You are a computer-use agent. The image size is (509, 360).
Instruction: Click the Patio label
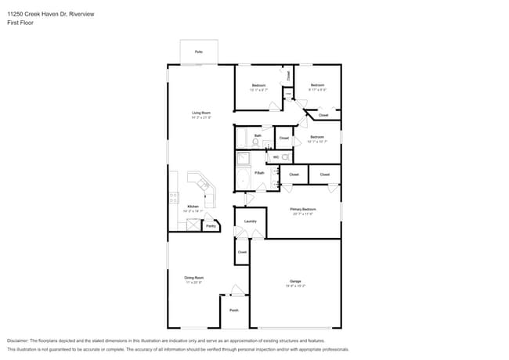pos(198,52)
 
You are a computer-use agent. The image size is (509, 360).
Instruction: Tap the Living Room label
pos(201,113)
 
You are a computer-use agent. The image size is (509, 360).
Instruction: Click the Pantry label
pos(211,226)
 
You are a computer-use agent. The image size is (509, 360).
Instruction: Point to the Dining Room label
pos(194,278)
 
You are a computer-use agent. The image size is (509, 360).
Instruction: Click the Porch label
pos(233,311)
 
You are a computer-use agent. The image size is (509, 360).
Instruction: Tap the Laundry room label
pos(251,221)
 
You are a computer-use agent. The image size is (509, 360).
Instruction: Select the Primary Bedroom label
pos(302,210)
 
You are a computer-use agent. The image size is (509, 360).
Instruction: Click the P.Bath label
pos(258,173)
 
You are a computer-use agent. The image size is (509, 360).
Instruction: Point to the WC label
pos(276,157)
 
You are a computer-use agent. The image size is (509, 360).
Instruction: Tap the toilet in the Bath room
pos(255,142)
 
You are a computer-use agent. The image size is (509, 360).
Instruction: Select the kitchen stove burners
pos(173,199)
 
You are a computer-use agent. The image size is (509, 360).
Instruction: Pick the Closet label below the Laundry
pos(242,252)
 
